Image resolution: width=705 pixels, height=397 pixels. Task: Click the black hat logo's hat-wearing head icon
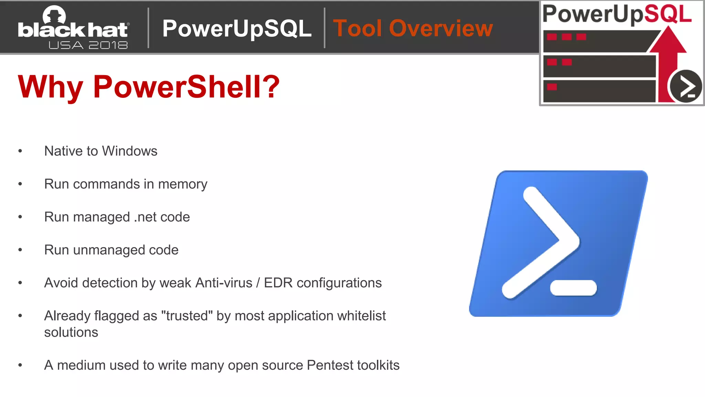pos(54,15)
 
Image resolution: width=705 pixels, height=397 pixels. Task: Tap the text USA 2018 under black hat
pos(88,45)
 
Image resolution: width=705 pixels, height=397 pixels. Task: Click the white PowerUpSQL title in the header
pos(237,28)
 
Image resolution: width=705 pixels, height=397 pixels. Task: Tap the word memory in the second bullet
pos(182,184)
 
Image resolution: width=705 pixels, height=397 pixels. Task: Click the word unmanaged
pos(109,250)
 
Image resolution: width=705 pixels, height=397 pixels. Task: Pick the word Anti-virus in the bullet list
pos(224,283)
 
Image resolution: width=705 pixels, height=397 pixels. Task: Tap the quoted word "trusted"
pos(187,316)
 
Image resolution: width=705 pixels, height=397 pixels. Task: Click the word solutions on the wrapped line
pos(71,333)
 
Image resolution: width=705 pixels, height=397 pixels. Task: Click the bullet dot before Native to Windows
pos(20,151)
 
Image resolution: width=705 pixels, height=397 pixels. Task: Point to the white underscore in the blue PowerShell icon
pos(573,288)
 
